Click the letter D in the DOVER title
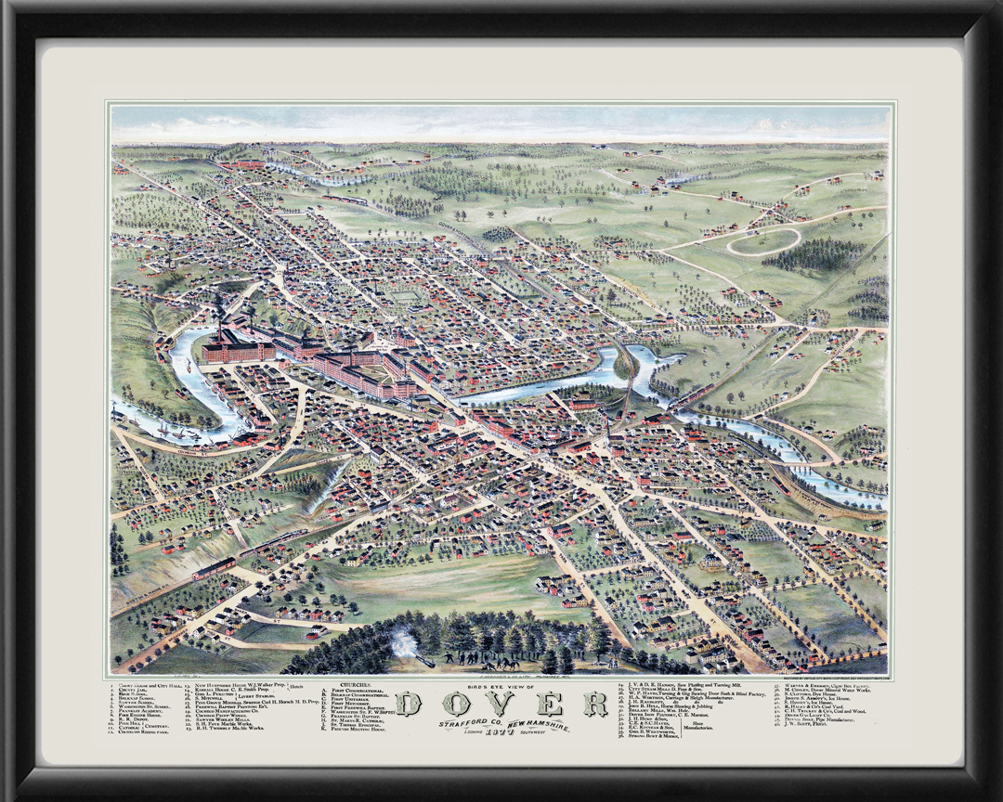(410, 705)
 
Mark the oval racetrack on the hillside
(762, 242)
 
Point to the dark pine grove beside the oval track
(814, 253)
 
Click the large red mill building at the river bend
(238, 348)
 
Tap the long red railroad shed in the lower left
(214, 567)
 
